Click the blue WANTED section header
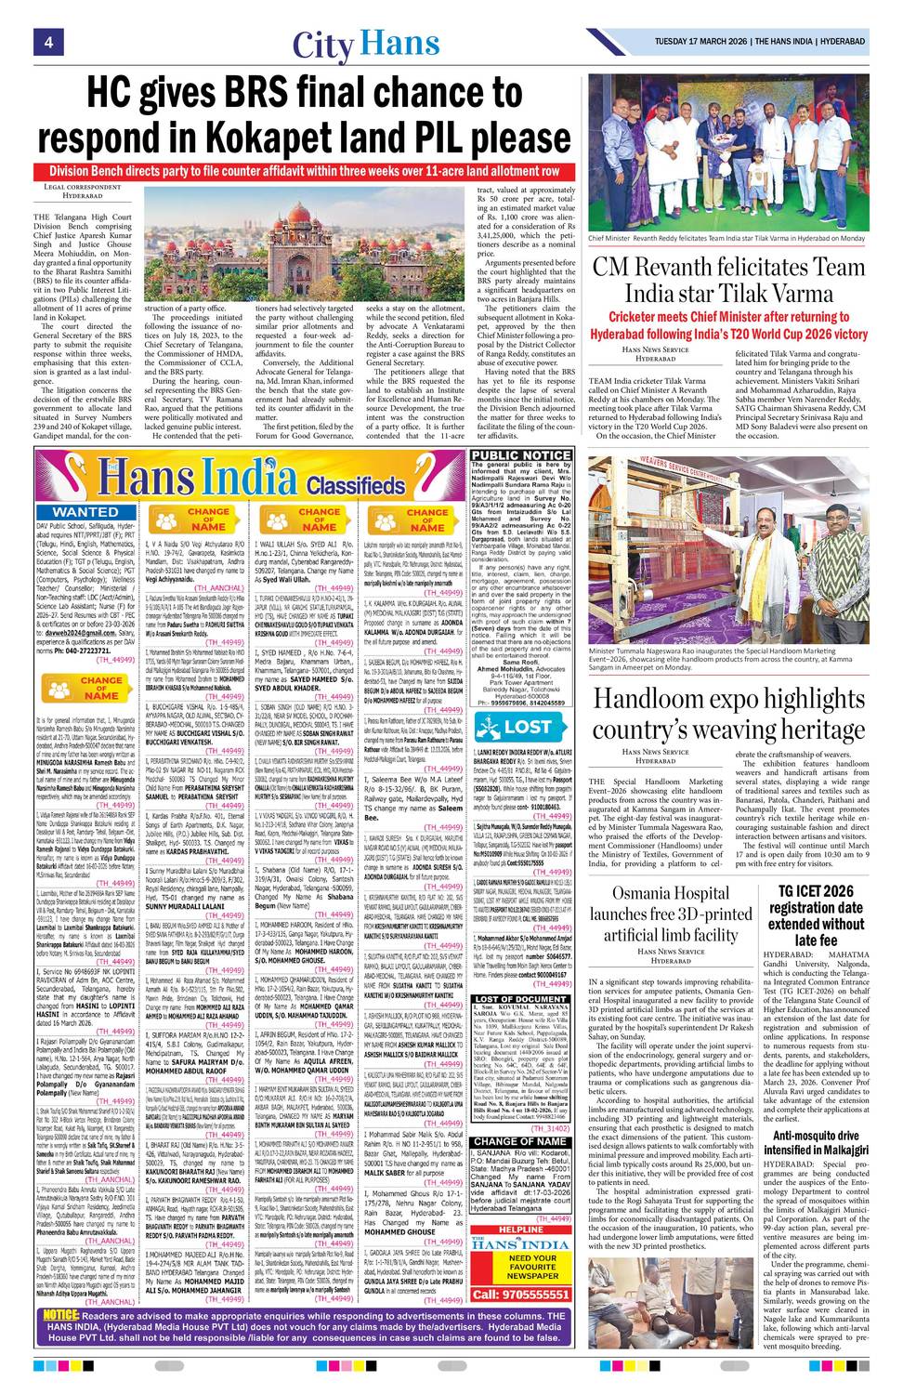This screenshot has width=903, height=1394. point(85,512)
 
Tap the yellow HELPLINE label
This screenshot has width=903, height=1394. point(521,1229)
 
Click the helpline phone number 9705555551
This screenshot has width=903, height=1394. point(521,1294)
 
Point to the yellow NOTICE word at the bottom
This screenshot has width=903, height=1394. point(61,1315)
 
